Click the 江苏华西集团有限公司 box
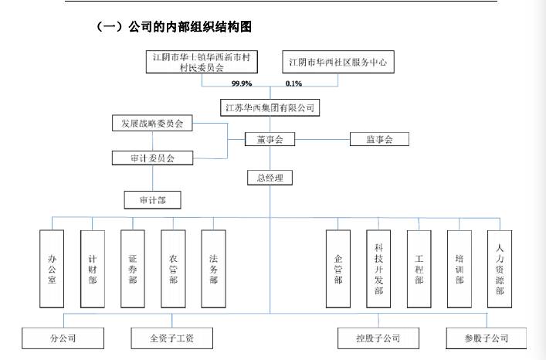click(x=270, y=107)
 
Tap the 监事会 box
click(x=378, y=140)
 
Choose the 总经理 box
click(x=270, y=178)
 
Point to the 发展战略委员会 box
click(x=151, y=124)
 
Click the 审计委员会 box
click(x=152, y=158)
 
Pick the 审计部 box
click(x=152, y=200)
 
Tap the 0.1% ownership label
click(x=293, y=83)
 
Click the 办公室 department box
click(x=52, y=268)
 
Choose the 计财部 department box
click(x=93, y=268)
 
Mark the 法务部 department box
click(x=213, y=268)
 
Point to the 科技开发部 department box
click(x=378, y=268)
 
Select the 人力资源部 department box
click(x=499, y=268)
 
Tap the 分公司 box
click(x=63, y=338)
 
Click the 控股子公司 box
click(x=379, y=338)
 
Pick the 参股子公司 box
click(x=487, y=338)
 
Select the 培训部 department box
click(x=459, y=268)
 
